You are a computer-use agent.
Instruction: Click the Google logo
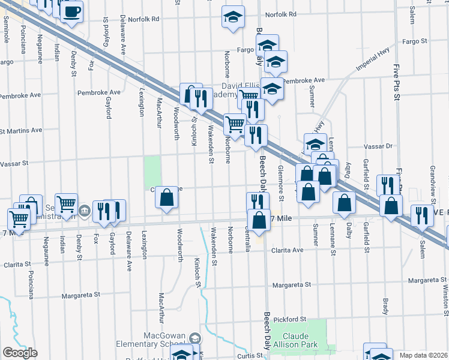[19, 352]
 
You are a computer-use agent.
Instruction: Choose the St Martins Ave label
[22, 130]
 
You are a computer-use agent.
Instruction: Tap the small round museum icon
[85, 211]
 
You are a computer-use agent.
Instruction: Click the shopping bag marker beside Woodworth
[168, 199]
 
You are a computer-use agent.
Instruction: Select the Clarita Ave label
[288, 250]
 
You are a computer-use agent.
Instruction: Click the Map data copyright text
[424, 355]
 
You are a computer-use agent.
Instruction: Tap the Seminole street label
[6, 28]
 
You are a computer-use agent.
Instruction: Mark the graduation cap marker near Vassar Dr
[315, 144]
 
